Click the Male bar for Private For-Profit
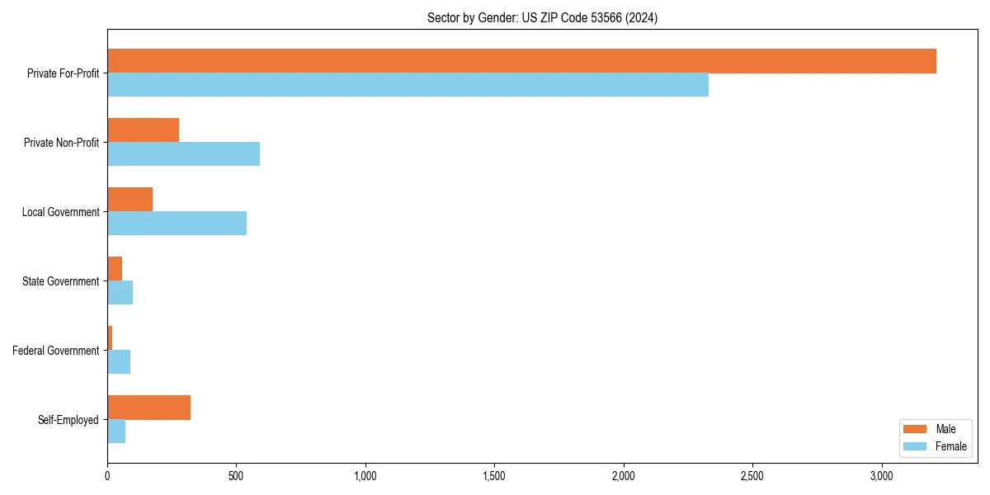521,61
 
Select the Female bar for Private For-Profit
408,85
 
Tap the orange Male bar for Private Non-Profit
143,130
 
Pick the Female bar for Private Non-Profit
183,154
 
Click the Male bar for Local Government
130,200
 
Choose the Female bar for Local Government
177,224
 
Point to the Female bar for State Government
120,293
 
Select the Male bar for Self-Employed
148,408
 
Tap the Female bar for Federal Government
119,362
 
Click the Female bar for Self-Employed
116,431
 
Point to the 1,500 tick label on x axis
494,476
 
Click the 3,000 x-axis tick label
881,476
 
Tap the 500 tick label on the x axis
236,476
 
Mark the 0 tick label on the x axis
107,476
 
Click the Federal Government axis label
56,351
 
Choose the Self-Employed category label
68,420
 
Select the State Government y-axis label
61,281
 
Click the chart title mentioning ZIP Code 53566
542,17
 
